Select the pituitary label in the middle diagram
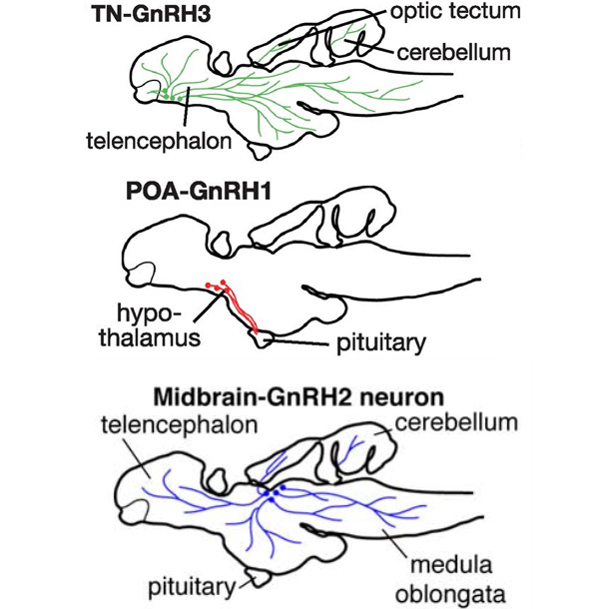(x=379, y=343)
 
